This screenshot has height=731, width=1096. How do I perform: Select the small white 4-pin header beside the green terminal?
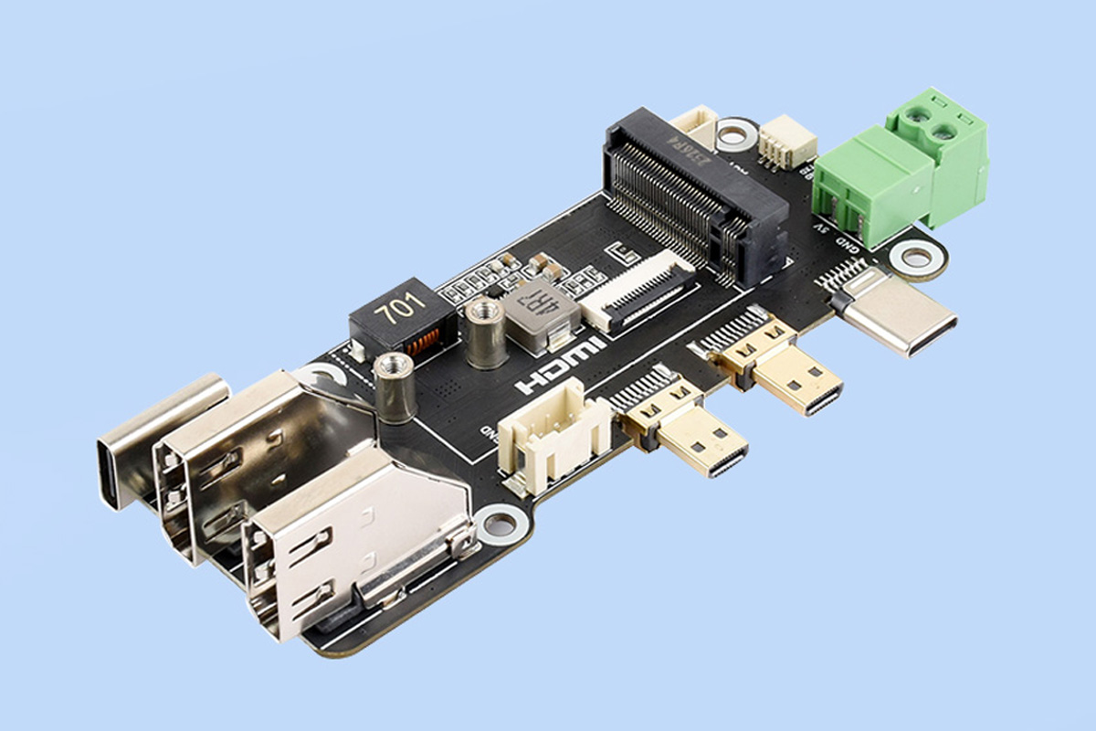tap(778, 142)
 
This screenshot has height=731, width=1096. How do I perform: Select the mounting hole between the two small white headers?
tap(735, 135)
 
